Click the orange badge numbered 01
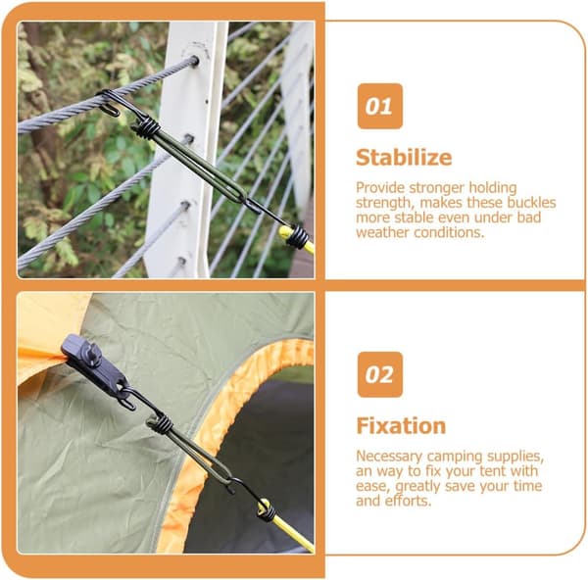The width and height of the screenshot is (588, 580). (x=380, y=106)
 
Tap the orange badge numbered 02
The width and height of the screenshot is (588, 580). (x=380, y=374)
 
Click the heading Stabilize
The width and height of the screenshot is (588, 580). (x=404, y=158)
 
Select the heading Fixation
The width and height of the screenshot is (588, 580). (x=401, y=426)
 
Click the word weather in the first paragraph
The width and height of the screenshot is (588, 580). (x=383, y=232)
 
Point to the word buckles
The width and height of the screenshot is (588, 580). (x=531, y=203)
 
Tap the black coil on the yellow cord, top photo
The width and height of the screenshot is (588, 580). (x=298, y=236)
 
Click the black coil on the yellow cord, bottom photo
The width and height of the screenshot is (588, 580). (x=267, y=510)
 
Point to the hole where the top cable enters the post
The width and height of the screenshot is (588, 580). (x=195, y=61)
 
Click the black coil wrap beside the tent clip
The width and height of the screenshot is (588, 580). (x=160, y=424)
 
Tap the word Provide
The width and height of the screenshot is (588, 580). (x=380, y=188)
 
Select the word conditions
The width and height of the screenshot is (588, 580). (x=449, y=232)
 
